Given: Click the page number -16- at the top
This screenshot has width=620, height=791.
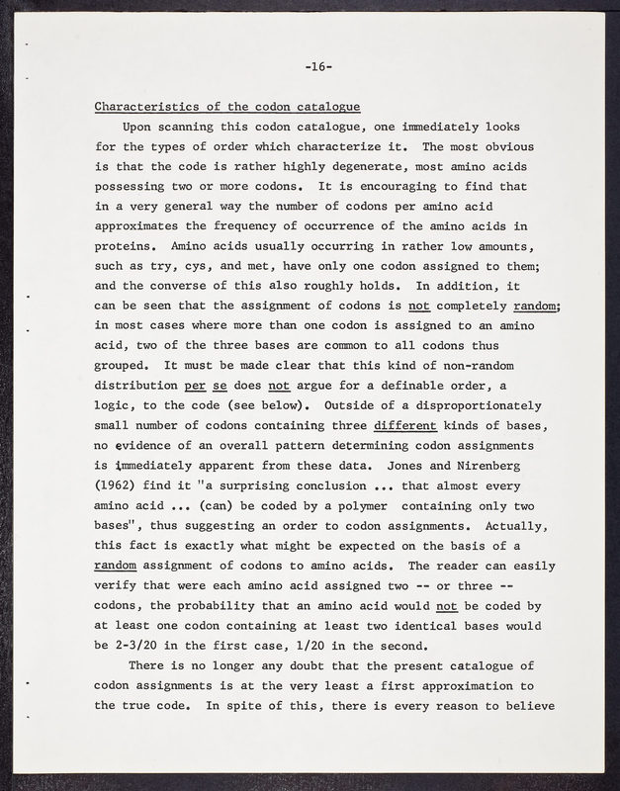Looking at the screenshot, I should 318,66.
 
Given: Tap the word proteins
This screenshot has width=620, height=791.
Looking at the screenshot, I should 124,245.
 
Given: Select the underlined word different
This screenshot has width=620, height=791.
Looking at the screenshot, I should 410,424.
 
